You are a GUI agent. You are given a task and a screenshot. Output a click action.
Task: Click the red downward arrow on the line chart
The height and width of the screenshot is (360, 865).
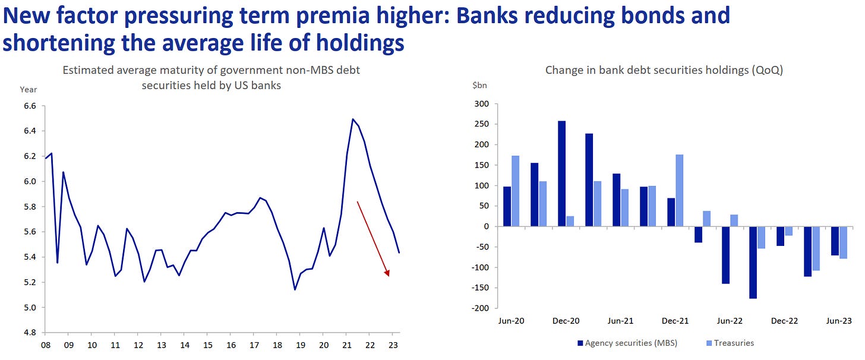tap(372, 238)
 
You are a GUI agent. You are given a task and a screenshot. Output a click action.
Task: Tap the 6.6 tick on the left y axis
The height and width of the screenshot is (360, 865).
tap(29, 106)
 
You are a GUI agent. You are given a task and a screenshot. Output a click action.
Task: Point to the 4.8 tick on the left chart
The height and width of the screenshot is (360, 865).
tap(29, 333)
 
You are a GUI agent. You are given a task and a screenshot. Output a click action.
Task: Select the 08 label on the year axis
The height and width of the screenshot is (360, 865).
tap(45, 345)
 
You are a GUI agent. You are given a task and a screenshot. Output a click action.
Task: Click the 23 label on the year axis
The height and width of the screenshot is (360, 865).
tap(392, 345)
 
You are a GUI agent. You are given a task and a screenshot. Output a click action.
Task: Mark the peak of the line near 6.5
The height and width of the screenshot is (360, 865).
tap(353, 119)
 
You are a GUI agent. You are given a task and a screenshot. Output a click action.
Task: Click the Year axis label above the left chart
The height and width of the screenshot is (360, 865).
tap(28, 90)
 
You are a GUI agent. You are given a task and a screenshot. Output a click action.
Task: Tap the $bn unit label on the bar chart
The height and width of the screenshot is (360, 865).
tap(479, 86)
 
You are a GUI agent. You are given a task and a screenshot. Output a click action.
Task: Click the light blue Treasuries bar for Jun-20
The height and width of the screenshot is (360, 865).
tap(516, 191)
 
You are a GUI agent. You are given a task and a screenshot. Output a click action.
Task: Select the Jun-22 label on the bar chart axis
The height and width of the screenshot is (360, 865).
tap(730, 321)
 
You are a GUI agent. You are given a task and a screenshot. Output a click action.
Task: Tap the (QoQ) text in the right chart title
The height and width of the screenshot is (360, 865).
tap(766, 70)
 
